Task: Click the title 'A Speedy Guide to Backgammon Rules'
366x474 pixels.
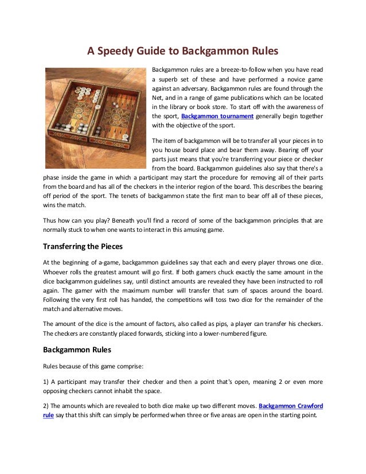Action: tap(182, 50)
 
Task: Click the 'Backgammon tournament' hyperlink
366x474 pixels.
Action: tap(217, 116)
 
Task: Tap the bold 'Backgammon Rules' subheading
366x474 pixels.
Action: tap(77, 349)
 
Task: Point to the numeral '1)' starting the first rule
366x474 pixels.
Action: tap(47, 381)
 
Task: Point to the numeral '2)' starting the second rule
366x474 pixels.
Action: tap(47, 405)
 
